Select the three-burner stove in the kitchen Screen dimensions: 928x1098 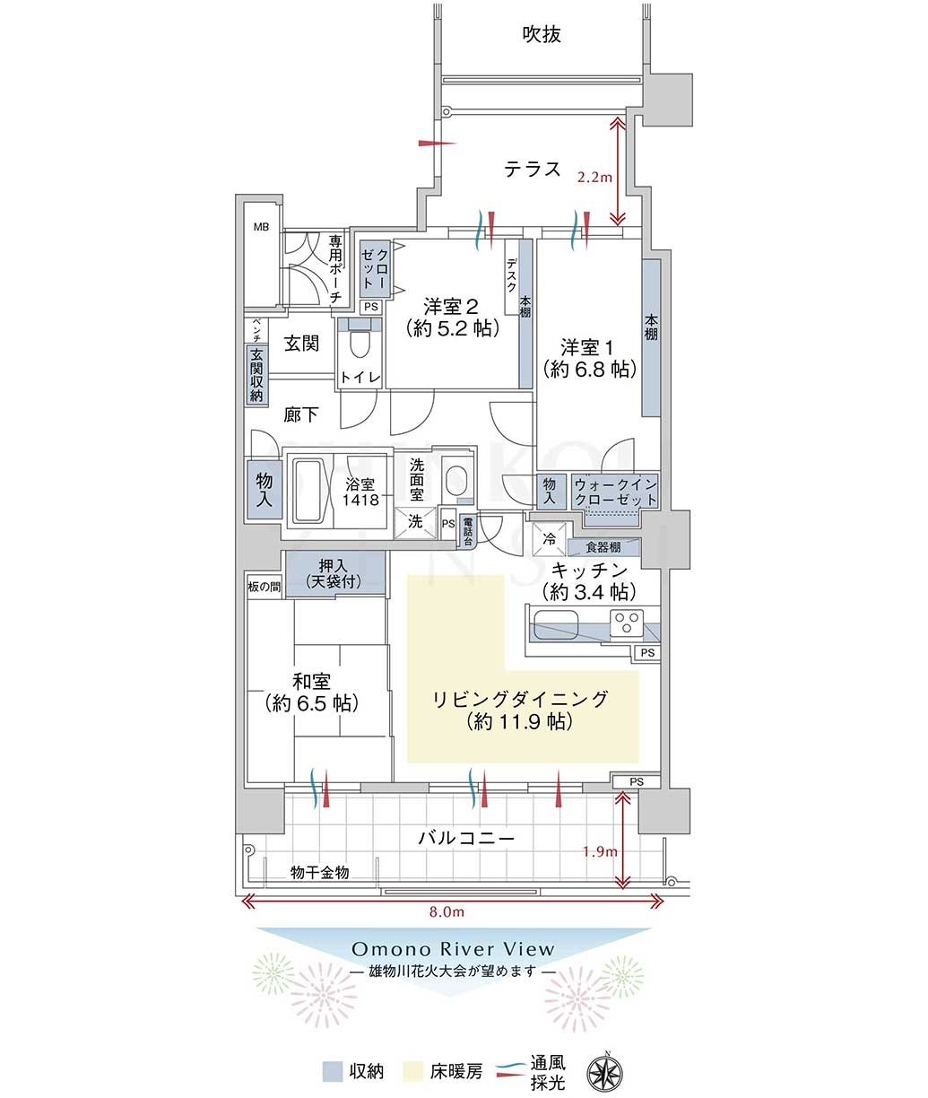[627, 623]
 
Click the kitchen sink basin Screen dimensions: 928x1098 [555, 624]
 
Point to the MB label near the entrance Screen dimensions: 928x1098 [261, 227]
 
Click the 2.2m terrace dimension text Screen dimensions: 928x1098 [594, 177]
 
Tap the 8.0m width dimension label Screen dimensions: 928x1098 [447, 912]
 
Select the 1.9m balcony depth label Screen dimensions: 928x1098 [600, 851]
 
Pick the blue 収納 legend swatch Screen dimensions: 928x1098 [333, 1071]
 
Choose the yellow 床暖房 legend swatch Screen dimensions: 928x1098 [413, 1071]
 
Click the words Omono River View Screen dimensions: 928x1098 [453, 949]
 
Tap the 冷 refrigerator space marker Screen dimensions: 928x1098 [549, 539]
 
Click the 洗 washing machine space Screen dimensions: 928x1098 [414, 523]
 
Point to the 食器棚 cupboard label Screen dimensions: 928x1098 [603, 546]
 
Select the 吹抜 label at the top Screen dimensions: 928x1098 [542, 34]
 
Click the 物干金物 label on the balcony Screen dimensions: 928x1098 [319, 872]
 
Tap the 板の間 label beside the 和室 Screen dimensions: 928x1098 [264, 587]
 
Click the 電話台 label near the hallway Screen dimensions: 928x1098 [467, 531]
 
